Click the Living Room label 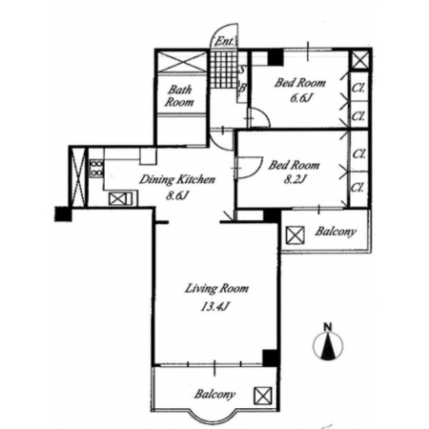(216, 289)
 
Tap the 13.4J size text (214, 306)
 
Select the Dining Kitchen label (177, 179)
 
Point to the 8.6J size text (177, 195)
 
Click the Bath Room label (179, 95)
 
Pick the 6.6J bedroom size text (299, 98)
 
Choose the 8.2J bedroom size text (295, 180)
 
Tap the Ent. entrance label (225, 41)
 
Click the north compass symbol (328, 346)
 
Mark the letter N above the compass (328, 326)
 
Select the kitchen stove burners (96, 168)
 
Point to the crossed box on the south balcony (262, 396)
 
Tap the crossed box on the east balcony (295, 235)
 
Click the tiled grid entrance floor (224, 70)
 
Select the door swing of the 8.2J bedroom (249, 168)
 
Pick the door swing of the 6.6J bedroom (258, 117)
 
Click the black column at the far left (63, 214)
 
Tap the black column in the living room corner (270, 357)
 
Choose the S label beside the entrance (242, 70)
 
